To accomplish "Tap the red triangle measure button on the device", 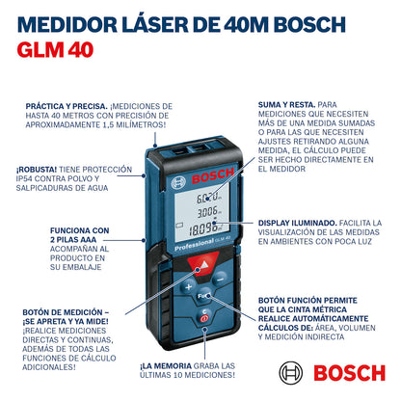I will point(201,265).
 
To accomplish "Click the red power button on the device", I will point(201,318).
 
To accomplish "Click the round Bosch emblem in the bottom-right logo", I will point(288,370).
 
